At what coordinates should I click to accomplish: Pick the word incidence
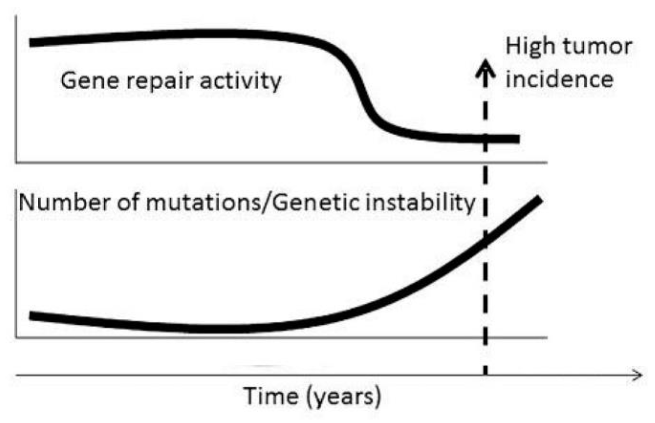(x=559, y=79)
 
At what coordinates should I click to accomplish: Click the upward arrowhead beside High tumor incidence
(x=485, y=67)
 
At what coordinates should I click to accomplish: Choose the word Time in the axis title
(x=270, y=396)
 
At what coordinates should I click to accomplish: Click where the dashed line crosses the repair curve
(x=485, y=138)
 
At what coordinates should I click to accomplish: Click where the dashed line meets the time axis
(x=485, y=375)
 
